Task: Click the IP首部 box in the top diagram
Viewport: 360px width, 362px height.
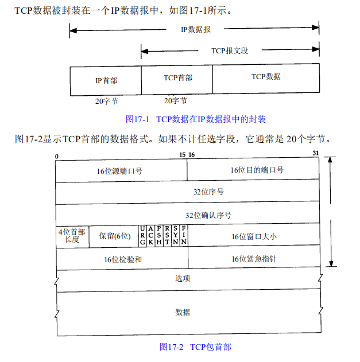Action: [x=106, y=80]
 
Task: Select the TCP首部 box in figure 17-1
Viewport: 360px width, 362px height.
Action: [x=177, y=80]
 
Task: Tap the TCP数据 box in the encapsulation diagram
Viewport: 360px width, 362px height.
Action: [x=266, y=79]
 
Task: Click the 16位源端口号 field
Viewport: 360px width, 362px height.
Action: [x=121, y=170]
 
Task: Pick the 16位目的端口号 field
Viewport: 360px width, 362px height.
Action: [x=253, y=170]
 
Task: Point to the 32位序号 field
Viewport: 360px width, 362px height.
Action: [x=187, y=192]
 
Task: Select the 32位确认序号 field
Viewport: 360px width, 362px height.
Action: [x=187, y=215]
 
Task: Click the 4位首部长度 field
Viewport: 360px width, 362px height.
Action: [x=72, y=236]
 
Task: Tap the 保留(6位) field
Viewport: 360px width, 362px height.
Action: [x=114, y=236]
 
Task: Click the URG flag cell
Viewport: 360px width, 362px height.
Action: [x=142, y=236]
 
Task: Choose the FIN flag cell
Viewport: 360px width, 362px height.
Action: [x=184, y=236]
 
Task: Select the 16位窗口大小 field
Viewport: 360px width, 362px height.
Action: [x=253, y=236]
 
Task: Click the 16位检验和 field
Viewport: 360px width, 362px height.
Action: [x=122, y=259]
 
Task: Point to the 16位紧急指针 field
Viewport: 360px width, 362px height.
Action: [x=253, y=259]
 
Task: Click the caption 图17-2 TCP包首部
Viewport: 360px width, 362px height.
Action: [x=195, y=347]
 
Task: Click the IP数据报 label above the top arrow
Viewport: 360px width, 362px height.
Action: [x=195, y=29]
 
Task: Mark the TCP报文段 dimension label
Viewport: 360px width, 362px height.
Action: [x=230, y=51]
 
